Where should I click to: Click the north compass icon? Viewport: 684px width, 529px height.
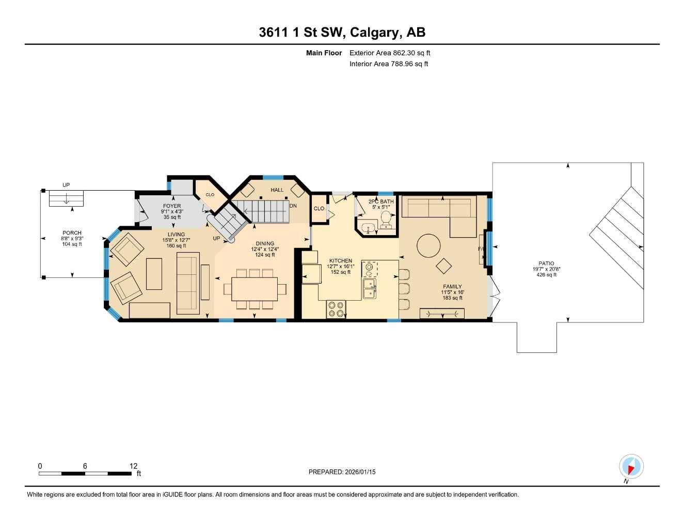(x=631, y=467)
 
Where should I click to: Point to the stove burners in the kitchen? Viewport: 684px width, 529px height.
(x=336, y=309)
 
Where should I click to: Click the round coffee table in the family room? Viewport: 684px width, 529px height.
(x=428, y=246)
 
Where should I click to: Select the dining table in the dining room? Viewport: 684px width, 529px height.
(x=254, y=289)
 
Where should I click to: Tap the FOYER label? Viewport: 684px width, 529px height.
(x=172, y=206)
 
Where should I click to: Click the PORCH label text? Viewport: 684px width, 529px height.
(x=72, y=233)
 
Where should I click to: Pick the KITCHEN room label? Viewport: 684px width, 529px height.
(x=341, y=261)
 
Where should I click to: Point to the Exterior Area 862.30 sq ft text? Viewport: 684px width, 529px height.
(x=390, y=53)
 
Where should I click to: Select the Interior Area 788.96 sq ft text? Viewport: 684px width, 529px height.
(x=389, y=64)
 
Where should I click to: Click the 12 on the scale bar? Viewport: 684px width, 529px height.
(x=133, y=466)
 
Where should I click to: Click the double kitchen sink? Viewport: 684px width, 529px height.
(x=369, y=288)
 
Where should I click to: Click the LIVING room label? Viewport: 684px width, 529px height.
(x=176, y=235)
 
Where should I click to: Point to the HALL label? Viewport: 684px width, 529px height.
(x=277, y=190)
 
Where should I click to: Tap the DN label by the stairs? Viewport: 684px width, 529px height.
(x=293, y=206)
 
